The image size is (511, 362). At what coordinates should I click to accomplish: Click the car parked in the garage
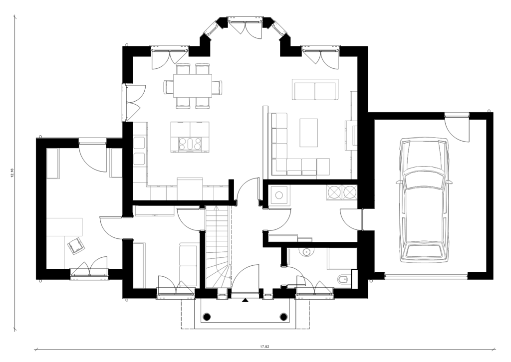click(x=424, y=199)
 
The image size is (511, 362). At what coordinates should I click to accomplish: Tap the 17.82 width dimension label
click(x=264, y=347)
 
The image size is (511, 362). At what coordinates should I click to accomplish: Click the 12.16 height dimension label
click(x=12, y=173)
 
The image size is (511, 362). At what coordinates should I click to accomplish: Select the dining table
click(x=192, y=86)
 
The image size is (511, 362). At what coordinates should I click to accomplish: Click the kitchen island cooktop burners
click(x=190, y=144)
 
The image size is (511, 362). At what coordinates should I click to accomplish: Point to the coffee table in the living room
click(x=308, y=133)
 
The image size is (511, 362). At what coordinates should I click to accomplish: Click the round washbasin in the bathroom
click(x=306, y=252)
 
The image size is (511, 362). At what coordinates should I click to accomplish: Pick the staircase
click(x=218, y=248)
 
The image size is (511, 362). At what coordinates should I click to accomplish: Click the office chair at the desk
click(x=76, y=245)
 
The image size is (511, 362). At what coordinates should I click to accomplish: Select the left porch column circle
click(x=207, y=317)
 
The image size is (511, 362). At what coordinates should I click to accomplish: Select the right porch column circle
click(x=284, y=317)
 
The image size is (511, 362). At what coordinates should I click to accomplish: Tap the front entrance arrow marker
click(x=245, y=300)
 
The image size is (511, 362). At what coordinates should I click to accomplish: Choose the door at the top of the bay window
click(x=245, y=27)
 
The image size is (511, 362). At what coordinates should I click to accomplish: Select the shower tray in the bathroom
click(x=342, y=259)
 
